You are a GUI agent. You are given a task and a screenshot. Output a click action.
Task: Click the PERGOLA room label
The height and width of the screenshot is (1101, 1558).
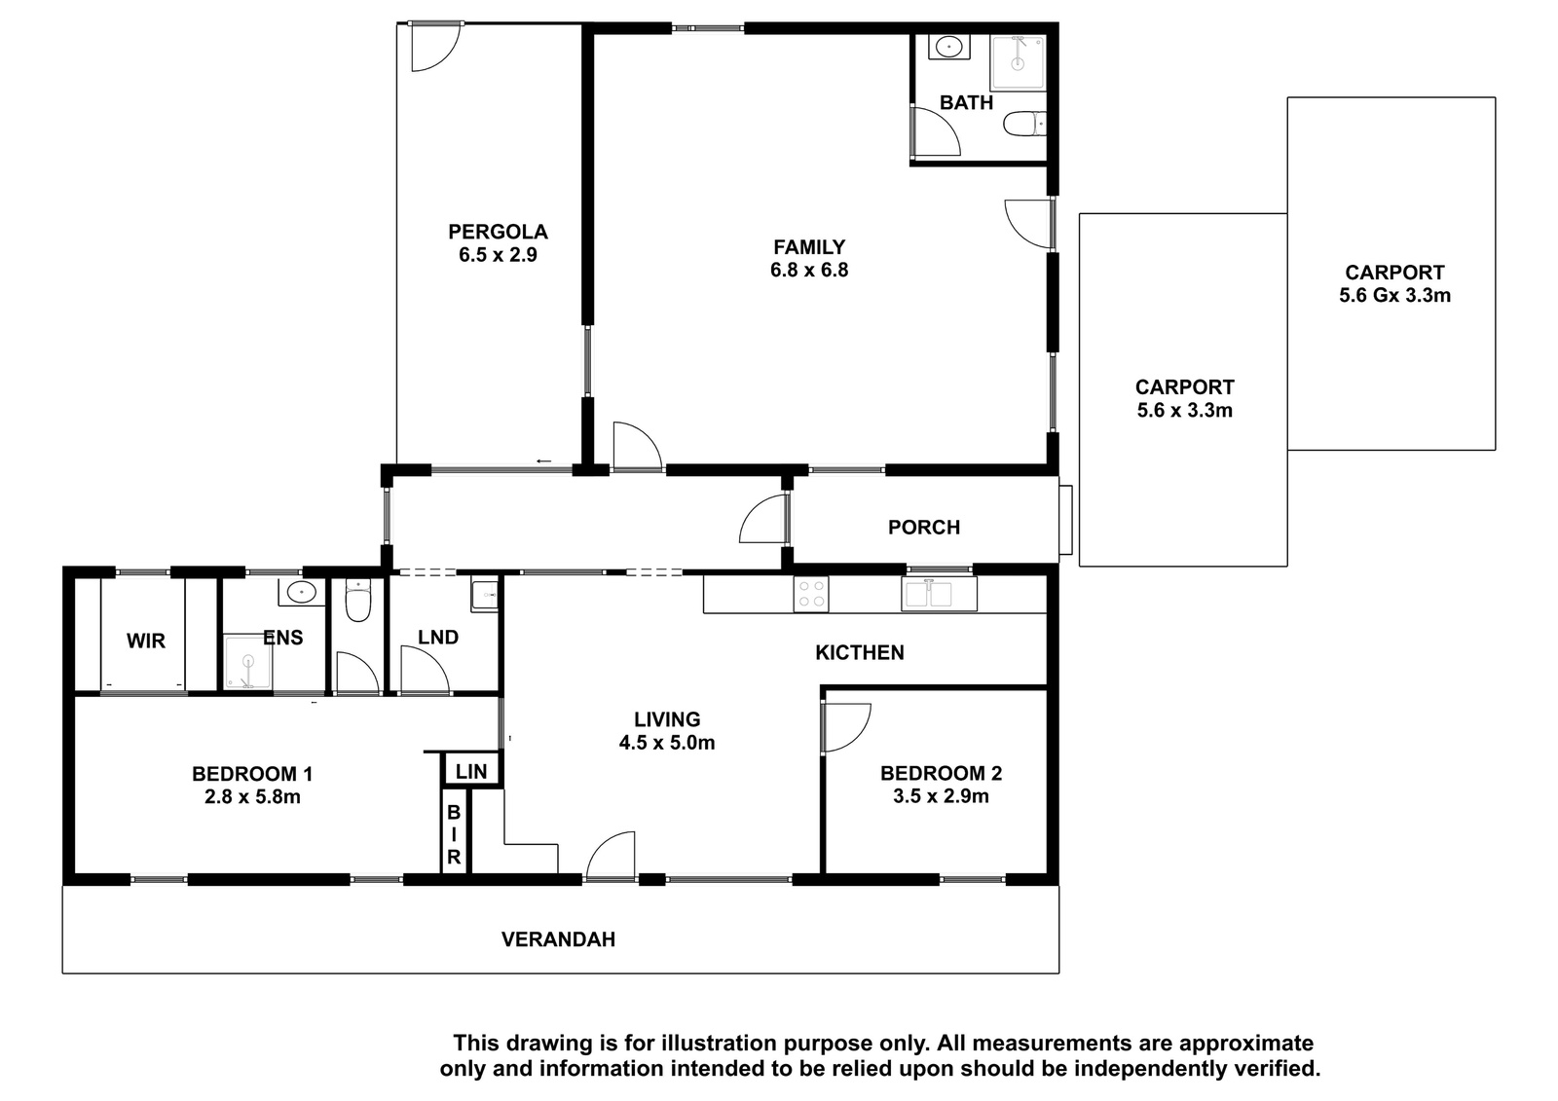tap(498, 232)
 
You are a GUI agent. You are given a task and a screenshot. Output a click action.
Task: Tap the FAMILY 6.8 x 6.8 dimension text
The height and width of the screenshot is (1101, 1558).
tap(809, 270)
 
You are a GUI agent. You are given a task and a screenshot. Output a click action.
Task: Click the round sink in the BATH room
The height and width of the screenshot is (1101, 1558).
tap(948, 48)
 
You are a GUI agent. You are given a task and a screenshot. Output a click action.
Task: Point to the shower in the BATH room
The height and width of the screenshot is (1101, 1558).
tap(1018, 62)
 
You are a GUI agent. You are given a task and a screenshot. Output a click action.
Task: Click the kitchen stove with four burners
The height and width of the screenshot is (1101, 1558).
tap(811, 595)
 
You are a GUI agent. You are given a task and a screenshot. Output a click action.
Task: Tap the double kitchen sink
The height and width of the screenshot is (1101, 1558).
tap(939, 594)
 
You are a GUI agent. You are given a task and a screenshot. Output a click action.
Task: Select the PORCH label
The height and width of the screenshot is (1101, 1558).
tap(924, 528)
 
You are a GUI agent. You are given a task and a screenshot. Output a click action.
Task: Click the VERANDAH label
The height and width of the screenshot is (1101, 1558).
tap(558, 939)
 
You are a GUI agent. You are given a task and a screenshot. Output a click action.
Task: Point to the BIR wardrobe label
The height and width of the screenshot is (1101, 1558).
tap(454, 834)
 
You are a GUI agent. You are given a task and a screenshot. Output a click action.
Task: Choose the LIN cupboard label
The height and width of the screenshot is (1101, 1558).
tap(471, 771)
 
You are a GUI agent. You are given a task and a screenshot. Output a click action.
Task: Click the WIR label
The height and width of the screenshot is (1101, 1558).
tap(146, 641)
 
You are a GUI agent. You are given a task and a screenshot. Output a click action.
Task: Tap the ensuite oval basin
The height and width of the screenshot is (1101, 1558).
tap(301, 593)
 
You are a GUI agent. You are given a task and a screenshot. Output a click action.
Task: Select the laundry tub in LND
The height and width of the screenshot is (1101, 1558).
tap(485, 596)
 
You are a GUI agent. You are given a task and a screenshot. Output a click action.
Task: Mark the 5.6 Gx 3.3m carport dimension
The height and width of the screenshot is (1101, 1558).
tap(1394, 296)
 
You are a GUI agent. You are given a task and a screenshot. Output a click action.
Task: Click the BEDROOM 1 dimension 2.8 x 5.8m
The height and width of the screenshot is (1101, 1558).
tap(252, 796)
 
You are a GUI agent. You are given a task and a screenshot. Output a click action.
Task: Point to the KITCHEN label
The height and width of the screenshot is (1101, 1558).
tap(860, 652)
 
